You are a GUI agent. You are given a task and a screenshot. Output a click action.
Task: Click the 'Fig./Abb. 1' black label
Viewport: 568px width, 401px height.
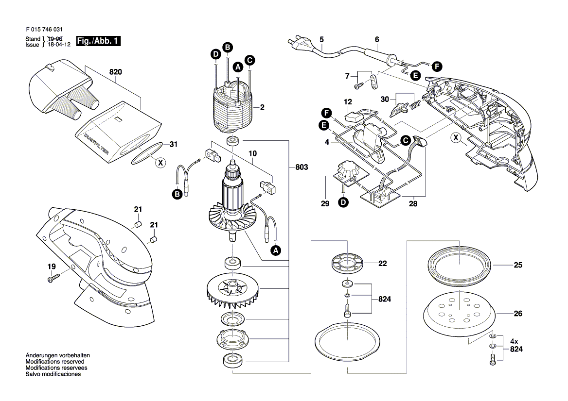click(98, 42)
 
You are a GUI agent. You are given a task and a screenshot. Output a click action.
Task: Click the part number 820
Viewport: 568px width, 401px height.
click(115, 72)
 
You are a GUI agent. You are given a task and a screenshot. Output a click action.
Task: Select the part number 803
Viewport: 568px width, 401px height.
click(302, 167)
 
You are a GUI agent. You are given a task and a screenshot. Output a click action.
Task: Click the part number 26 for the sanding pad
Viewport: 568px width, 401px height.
click(518, 314)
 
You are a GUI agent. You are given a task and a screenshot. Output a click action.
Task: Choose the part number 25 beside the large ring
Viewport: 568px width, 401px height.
click(518, 266)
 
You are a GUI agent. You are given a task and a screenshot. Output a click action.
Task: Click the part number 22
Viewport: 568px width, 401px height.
click(382, 264)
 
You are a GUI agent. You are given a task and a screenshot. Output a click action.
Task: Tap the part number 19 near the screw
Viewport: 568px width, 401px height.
click(52, 267)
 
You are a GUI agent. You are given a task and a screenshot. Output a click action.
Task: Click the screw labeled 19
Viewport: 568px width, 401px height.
click(53, 278)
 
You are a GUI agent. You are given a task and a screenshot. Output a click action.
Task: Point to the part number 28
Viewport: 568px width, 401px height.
click(413, 203)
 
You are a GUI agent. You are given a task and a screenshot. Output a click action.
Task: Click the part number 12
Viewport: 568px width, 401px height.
click(348, 102)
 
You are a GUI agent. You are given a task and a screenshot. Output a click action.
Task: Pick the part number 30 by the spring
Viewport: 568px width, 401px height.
click(385, 99)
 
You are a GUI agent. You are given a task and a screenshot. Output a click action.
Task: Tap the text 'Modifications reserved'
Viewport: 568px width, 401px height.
click(55, 362)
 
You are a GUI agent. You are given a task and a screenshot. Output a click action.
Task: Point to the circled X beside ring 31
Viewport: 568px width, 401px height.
click(159, 163)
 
